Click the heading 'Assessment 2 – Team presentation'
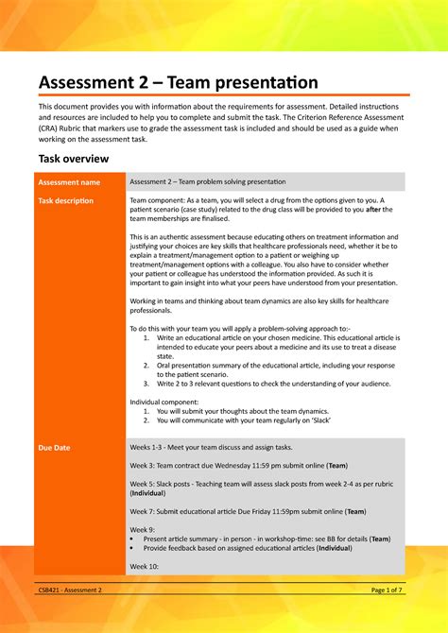pyautogui.click(x=178, y=84)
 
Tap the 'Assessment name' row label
pyautogui.click(x=69, y=181)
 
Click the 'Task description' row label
pyautogui.click(x=65, y=201)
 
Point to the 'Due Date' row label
pyautogui.click(x=54, y=446)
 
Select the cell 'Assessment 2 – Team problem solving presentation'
pyautogui.click(x=220, y=181)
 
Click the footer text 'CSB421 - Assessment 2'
pyautogui.click(x=70, y=590)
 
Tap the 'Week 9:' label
pyautogui.click(x=143, y=530)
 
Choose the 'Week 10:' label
pyautogui.click(x=145, y=566)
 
